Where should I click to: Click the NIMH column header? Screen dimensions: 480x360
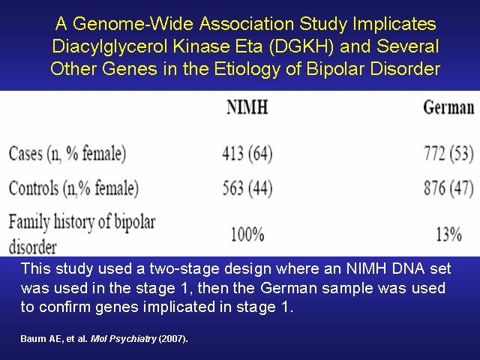pyautogui.click(x=247, y=107)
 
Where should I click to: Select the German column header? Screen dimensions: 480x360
pyautogui.click(x=448, y=108)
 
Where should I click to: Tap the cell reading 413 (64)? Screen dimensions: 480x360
pyautogui.click(x=247, y=153)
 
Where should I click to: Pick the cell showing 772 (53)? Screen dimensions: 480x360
pyautogui.click(x=448, y=153)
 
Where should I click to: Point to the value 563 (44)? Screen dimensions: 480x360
pyautogui.click(x=247, y=187)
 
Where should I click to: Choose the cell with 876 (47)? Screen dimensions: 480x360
pyautogui.click(x=448, y=187)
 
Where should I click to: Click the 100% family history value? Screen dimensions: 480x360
pyautogui.click(x=247, y=235)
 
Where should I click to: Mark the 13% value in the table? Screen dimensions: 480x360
pyautogui.click(x=448, y=235)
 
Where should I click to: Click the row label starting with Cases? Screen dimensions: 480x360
pyautogui.click(x=67, y=153)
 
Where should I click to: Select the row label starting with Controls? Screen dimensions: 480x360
pyautogui.click(x=73, y=187)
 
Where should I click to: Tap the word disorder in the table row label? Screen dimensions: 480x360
pyautogui.click(x=33, y=247)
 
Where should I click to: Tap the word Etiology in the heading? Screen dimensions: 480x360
pyautogui.click(x=247, y=69)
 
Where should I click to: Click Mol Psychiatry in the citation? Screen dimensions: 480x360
pyautogui.click(x=123, y=338)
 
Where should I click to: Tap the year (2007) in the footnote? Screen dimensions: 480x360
pyautogui.click(x=173, y=338)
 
